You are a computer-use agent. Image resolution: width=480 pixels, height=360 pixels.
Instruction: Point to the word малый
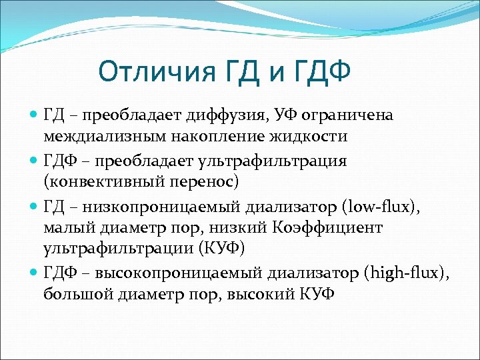pos(70,227)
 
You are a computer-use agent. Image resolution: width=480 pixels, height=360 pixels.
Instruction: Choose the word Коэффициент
pos(344,227)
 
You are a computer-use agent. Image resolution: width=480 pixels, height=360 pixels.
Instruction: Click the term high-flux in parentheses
pos(407,272)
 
